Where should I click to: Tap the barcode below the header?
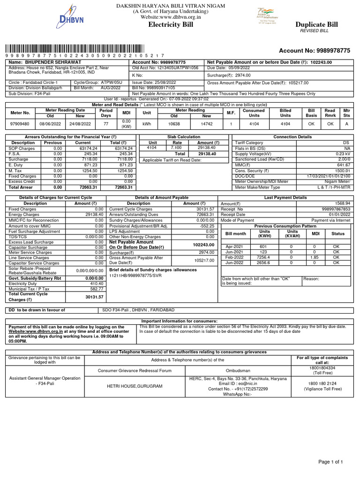click(x=84, y=48)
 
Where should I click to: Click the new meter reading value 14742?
click(x=207, y=124)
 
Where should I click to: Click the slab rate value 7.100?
click(x=176, y=147)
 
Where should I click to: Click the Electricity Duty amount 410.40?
click(x=97, y=284)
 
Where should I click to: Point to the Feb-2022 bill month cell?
click(x=235, y=257)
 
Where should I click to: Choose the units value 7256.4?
click(x=264, y=257)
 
